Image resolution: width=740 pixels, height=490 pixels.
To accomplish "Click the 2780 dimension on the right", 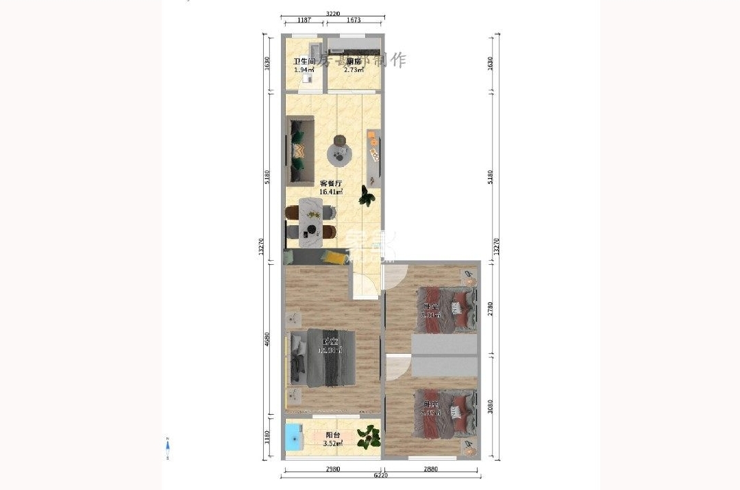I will point(490,310).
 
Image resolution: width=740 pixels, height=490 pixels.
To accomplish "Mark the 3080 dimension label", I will point(490,409).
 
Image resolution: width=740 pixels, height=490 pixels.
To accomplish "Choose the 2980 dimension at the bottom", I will point(332,469).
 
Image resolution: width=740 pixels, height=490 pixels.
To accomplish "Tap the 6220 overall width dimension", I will point(381,475).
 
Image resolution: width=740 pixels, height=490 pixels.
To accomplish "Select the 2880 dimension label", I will point(430,469).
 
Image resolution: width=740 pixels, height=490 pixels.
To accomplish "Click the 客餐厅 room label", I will point(331,184).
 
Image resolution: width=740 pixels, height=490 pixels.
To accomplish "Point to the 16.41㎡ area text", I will point(332,192).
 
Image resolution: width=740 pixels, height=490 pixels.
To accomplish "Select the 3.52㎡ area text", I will point(334,443).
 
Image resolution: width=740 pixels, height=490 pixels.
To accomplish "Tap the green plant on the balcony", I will point(370,435).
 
